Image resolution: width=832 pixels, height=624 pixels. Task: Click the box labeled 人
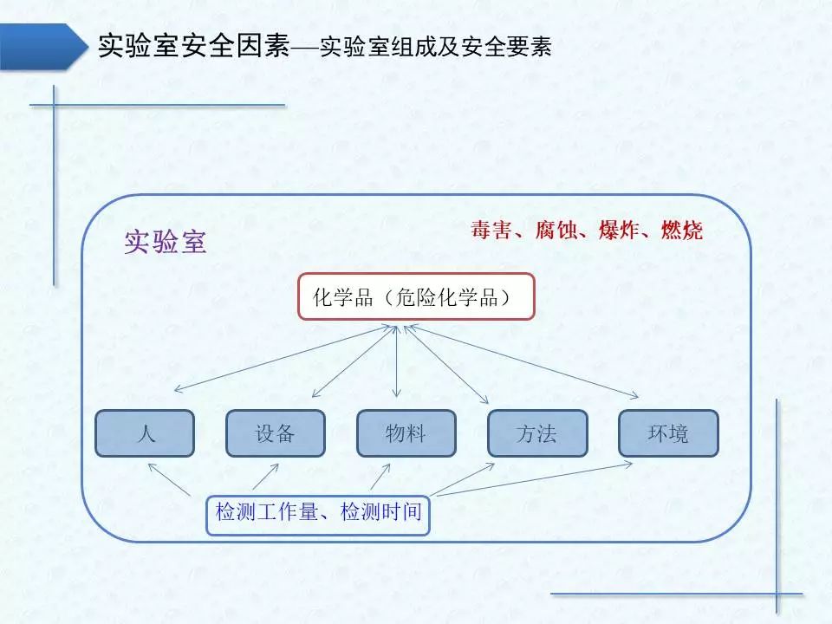[x=145, y=433]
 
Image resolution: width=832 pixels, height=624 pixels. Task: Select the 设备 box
[x=276, y=433]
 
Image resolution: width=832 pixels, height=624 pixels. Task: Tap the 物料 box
[x=406, y=433]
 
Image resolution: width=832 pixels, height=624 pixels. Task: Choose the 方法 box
[x=536, y=433]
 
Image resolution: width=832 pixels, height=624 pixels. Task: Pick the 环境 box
[x=668, y=433]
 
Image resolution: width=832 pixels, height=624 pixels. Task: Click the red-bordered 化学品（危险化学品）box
[x=416, y=297]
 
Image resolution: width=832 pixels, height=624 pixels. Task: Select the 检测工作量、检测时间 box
[x=318, y=512]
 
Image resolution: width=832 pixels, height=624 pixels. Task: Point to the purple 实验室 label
[x=166, y=242]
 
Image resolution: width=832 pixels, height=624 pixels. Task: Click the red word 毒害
[x=491, y=231]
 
